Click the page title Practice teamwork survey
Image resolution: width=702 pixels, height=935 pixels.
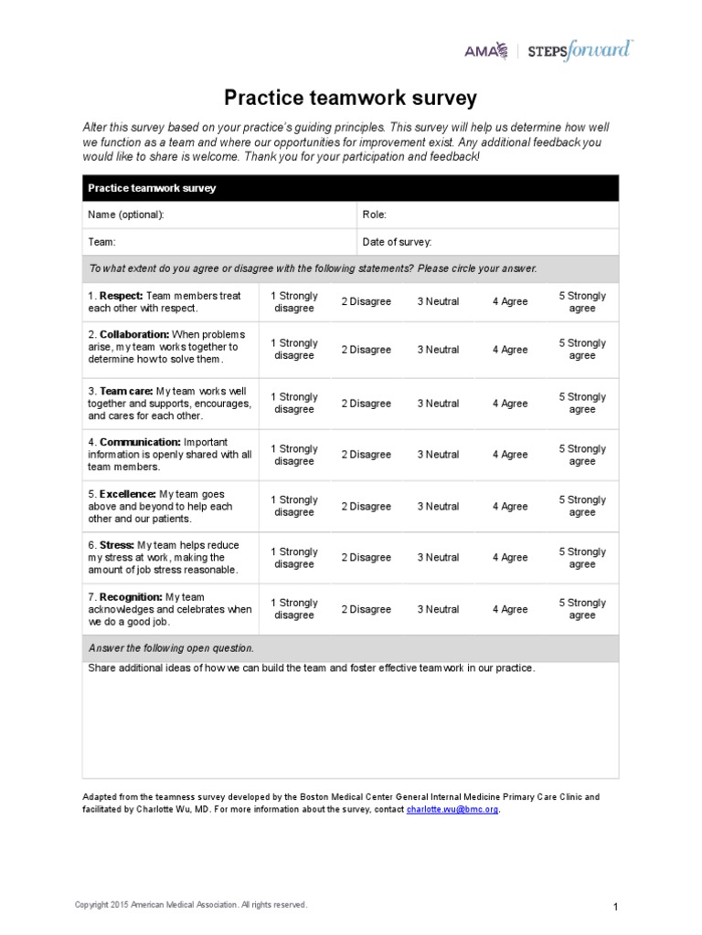click(x=351, y=97)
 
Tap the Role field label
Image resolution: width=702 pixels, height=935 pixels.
click(x=375, y=215)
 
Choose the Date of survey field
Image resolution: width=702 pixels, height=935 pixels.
click(x=397, y=242)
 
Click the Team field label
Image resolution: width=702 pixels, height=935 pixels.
click(x=101, y=242)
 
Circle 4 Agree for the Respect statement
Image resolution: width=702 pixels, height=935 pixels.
click(x=510, y=302)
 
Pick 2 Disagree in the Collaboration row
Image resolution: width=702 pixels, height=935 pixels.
click(x=366, y=350)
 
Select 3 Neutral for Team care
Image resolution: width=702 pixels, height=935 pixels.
click(x=438, y=404)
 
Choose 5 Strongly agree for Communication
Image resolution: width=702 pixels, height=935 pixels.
click(x=582, y=455)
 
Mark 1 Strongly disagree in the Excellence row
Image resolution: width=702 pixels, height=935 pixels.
click(x=294, y=506)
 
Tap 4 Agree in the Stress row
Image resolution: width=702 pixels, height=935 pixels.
click(x=510, y=558)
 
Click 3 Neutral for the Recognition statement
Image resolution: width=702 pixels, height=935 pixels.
click(x=438, y=609)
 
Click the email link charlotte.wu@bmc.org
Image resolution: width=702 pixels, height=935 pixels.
click(x=452, y=810)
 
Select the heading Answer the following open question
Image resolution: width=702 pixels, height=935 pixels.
click(x=171, y=648)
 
